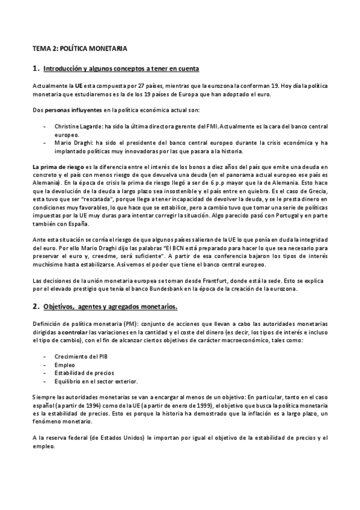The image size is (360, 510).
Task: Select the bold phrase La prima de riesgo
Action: [x=58, y=166]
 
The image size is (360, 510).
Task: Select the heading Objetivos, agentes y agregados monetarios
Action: [x=110, y=307]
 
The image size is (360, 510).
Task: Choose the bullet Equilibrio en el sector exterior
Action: [x=96, y=381]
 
